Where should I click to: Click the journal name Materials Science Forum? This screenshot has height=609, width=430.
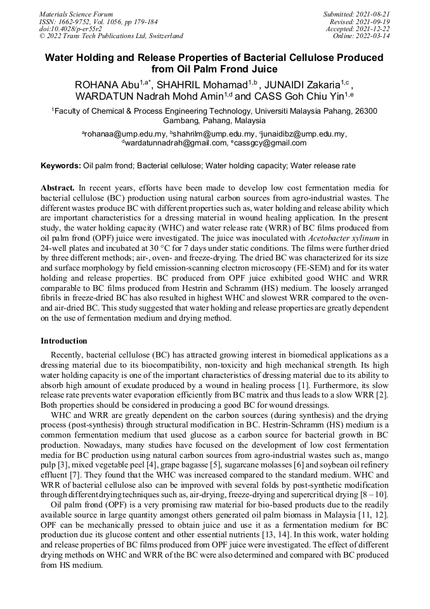click(76, 13)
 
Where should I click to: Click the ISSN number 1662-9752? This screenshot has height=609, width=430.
click(74, 21)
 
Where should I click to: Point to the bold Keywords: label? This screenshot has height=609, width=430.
click(61, 166)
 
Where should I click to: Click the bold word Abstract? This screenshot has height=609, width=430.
click(58, 189)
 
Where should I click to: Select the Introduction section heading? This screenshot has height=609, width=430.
click(64, 341)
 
